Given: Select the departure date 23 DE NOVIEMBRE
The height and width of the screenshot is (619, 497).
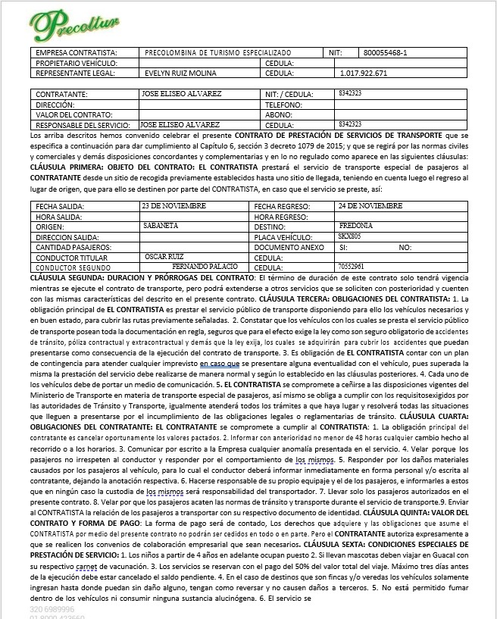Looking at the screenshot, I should (174, 205).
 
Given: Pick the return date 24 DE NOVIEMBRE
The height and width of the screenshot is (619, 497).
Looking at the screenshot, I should (371, 205).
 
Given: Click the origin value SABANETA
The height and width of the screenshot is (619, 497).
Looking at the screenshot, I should (160, 226).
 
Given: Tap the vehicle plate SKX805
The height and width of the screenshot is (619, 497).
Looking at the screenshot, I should (350, 236).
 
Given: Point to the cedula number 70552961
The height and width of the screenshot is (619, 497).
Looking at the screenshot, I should (351, 267).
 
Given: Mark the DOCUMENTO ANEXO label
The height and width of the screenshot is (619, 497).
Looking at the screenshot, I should (289, 247).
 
